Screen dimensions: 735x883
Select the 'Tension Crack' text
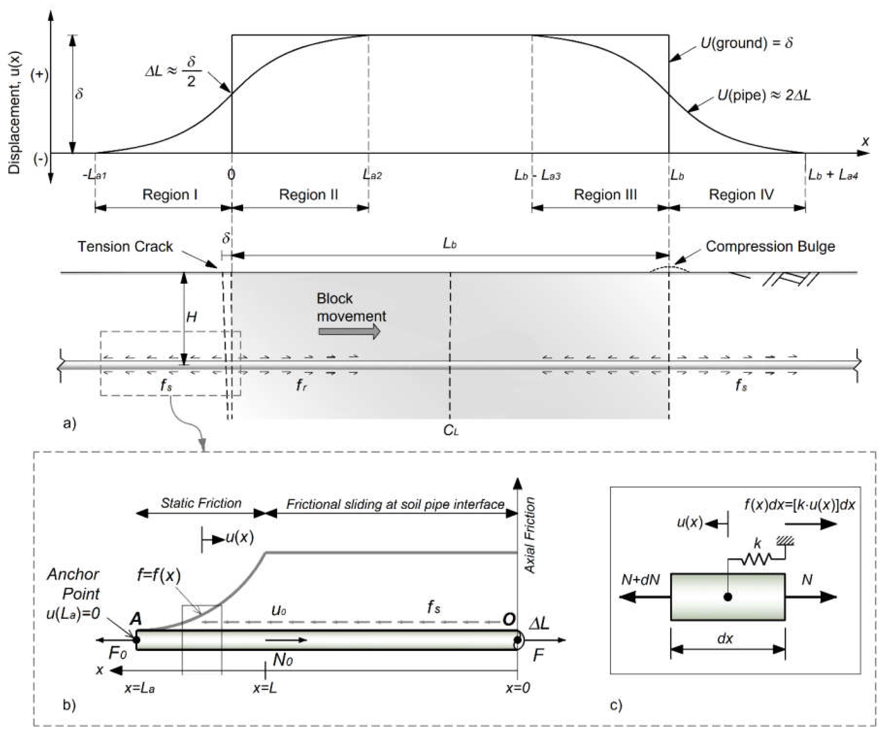coord(125,247)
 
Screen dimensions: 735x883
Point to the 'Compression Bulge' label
coord(770,247)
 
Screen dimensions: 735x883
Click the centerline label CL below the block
coord(451,430)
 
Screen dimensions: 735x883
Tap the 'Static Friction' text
coord(201,503)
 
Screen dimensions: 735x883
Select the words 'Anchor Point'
coord(73,584)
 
